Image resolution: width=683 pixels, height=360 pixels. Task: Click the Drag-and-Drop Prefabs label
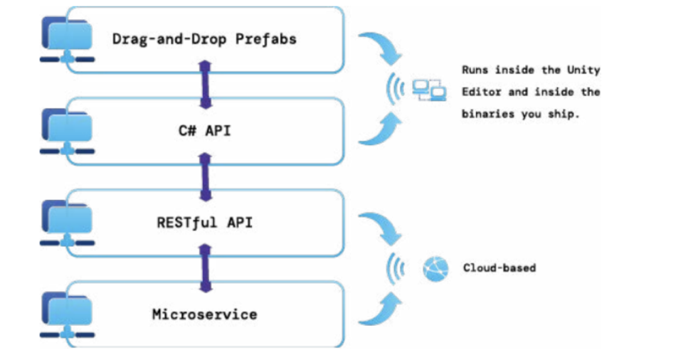pos(204,39)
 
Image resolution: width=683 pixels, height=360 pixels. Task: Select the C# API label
pos(204,131)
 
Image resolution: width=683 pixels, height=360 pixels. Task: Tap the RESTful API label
pos(204,223)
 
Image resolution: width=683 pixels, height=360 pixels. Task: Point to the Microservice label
pos(204,314)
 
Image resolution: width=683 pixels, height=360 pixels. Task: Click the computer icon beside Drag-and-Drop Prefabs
pos(68,40)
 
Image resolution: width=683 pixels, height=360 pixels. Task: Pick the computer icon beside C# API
pos(68,132)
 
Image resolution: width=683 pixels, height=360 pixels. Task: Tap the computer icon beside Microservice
pos(68,314)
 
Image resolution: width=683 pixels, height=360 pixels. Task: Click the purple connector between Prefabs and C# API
pos(205,85)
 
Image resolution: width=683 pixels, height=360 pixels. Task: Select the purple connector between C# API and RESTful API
pos(205,176)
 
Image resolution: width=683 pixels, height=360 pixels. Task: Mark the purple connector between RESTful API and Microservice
pos(205,268)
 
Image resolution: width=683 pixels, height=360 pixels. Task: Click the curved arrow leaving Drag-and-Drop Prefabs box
pos(381,50)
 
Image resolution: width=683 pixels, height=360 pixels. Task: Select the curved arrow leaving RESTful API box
pos(381,228)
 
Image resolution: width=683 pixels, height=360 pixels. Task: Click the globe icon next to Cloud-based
pos(435,269)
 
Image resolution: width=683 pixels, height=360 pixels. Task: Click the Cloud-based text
pos(499,268)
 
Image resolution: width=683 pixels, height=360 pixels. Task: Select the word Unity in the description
pos(583,70)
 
